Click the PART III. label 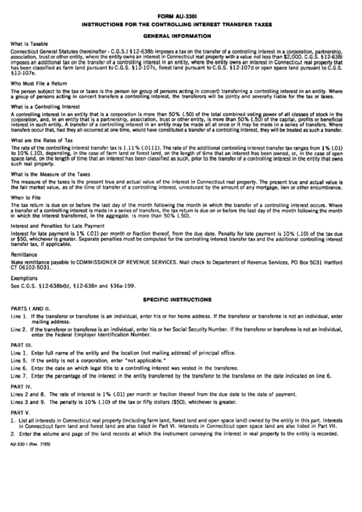tap(22, 342)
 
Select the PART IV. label tap(22, 386)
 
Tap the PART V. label tap(20, 412)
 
